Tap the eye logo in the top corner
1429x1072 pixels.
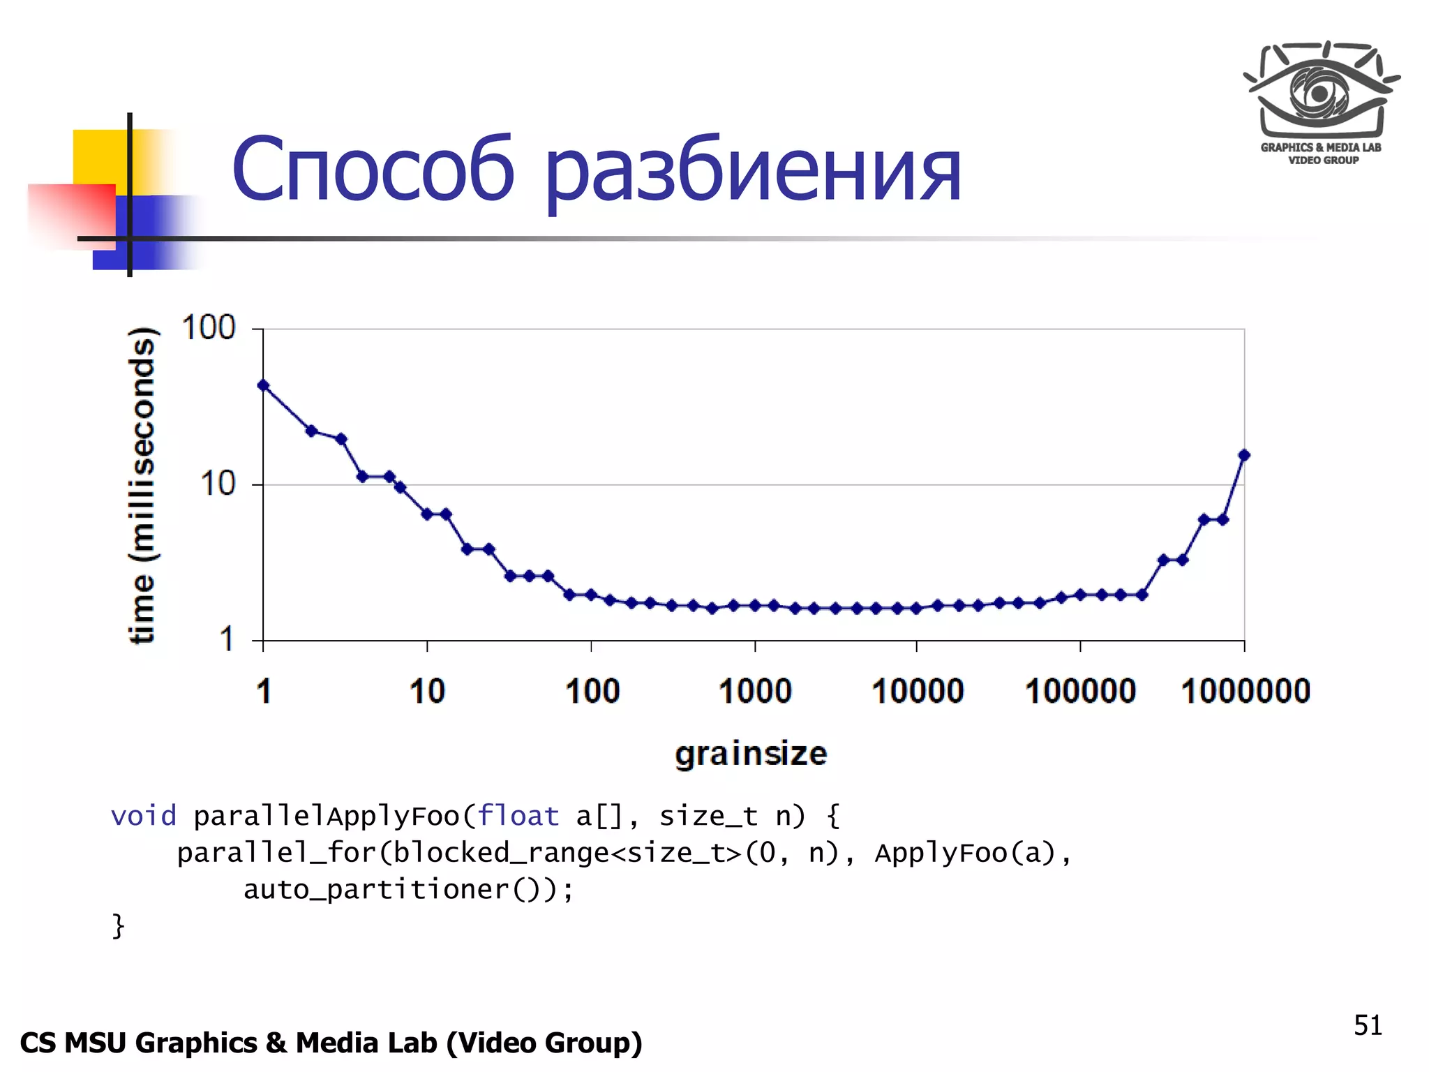[1321, 91]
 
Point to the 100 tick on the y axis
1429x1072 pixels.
[209, 328]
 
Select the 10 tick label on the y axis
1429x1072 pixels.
[218, 484]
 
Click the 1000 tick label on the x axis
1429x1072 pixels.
[755, 691]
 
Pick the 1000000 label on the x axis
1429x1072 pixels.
[1245, 691]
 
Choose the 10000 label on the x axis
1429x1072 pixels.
[918, 691]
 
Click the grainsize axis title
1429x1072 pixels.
[751, 754]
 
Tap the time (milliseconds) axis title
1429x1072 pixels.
[142, 484]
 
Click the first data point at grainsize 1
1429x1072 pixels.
[263, 385]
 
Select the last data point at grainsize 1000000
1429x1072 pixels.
[1244, 455]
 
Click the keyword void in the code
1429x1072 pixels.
[144, 816]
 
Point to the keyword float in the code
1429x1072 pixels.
[518, 816]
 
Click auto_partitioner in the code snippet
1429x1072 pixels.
[377, 890]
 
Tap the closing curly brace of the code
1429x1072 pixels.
[118, 926]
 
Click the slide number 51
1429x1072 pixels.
[1368, 1025]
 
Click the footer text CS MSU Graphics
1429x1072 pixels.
[140, 1043]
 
